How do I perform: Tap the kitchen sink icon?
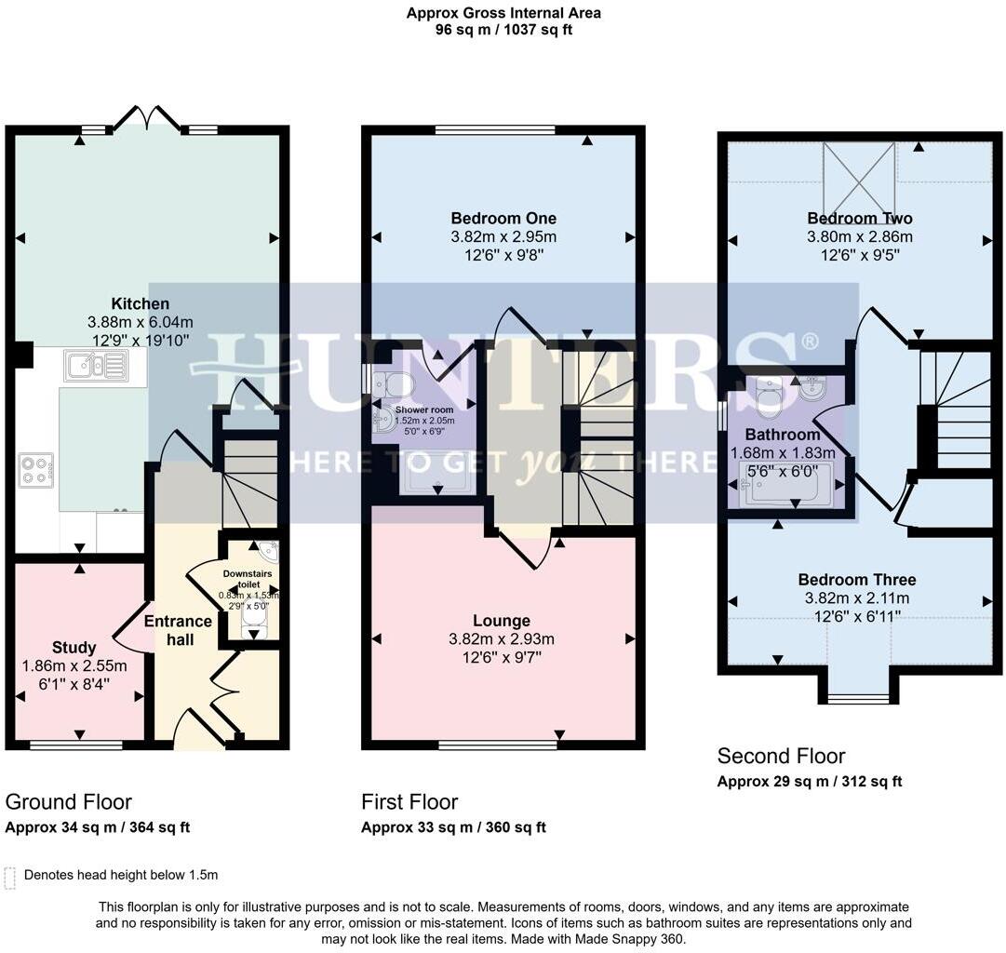96,365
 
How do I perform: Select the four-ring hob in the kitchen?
36,470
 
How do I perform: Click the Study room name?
74,648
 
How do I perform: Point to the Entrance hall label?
179,630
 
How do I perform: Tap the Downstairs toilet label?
248,579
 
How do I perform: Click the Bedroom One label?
503,218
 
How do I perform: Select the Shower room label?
424,409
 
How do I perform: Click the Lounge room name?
502,621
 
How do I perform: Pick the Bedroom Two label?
860,218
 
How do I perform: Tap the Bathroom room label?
783,435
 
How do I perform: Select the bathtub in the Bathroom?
785,485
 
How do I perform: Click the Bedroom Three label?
857,580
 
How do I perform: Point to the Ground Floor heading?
69,801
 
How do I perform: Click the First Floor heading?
410,801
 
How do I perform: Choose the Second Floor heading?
782,756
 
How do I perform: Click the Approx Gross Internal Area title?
503,13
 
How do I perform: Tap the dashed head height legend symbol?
9,878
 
